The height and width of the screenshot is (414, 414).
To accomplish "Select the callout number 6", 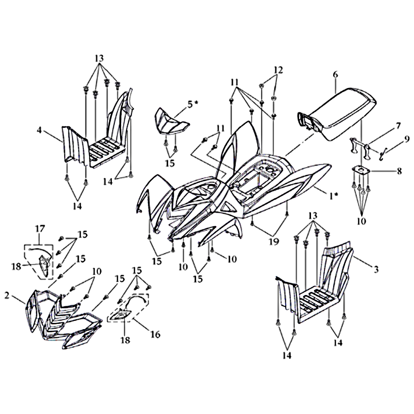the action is coord(335,75).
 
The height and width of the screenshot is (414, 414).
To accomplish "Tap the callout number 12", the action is coord(278,70).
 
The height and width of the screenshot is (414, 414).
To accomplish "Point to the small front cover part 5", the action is coord(171,122).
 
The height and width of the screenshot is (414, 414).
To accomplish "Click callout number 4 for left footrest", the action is coord(39,130).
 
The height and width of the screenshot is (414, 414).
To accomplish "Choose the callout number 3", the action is coord(376,269).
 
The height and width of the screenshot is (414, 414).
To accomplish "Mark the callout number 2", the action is coord(7,295).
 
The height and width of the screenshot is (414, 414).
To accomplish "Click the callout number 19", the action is coord(274,241).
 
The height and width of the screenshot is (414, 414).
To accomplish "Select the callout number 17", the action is coord(40,228).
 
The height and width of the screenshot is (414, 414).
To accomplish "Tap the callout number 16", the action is coord(156,334).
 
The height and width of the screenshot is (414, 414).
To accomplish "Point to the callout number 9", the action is coord(406,139).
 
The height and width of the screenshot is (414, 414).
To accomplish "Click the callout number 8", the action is coord(399,171).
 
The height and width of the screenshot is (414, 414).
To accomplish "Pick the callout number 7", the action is coord(398,126).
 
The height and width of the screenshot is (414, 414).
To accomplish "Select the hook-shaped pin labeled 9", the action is coord(382,154).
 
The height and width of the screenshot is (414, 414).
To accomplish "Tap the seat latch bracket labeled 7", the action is coord(360,148).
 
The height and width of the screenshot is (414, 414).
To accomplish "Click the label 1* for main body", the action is coord(333,196).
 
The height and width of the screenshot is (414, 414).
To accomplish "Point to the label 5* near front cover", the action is coord(193,105).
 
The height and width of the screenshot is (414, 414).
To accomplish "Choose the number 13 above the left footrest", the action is coord(99,58).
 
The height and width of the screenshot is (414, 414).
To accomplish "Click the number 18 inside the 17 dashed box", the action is coord(16,266).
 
